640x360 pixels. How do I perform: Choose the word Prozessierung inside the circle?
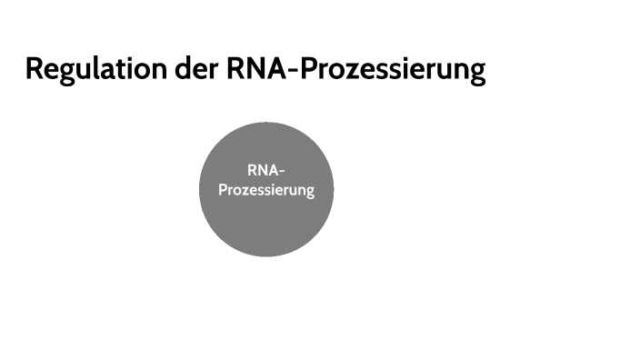click(266, 191)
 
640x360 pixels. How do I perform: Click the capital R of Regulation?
click(35, 69)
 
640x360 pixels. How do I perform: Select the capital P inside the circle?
click(223, 191)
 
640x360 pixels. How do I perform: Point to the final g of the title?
click(476, 73)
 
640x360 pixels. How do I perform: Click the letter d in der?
click(185, 69)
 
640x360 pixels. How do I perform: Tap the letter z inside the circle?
click(245, 192)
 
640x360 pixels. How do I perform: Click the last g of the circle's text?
click(309, 194)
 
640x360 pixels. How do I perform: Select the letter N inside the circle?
click(262, 170)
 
